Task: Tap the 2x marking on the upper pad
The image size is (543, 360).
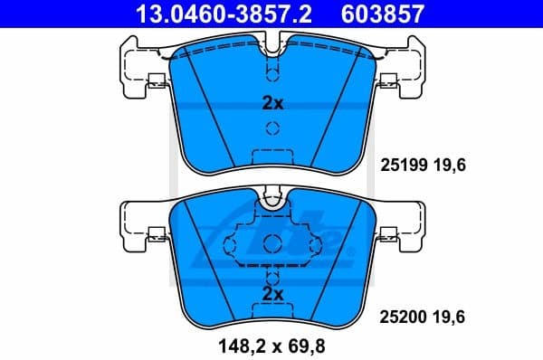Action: click(x=272, y=104)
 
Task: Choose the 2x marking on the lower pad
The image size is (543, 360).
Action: click(x=272, y=294)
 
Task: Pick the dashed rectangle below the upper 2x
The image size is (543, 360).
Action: click(x=272, y=156)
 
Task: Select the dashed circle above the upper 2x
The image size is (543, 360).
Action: click(x=272, y=72)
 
